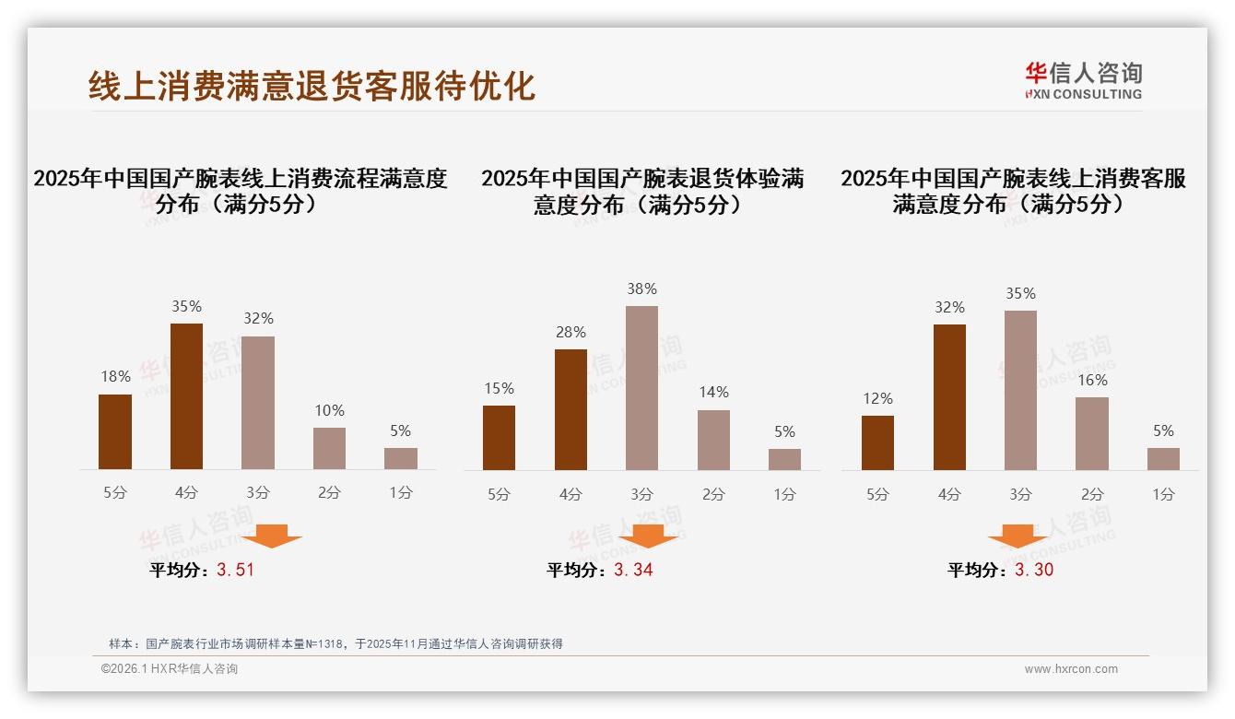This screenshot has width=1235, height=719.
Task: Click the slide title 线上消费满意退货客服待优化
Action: click(x=312, y=86)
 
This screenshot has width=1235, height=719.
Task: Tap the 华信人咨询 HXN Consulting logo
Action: click(x=1083, y=81)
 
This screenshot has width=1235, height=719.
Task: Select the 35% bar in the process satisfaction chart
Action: click(x=186, y=396)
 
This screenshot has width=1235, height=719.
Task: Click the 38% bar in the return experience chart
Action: click(x=641, y=388)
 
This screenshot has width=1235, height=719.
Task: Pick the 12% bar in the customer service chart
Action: click(x=877, y=442)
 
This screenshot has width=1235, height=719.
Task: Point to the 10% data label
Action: click(x=329, y=410)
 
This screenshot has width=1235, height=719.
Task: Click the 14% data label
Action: click(x=713, y=393)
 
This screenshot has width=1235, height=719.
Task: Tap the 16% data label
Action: click(x=1092, y=380)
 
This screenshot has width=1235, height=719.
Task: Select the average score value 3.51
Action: click(x=235, y=570)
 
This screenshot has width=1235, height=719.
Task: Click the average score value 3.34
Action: click(x=633, y=570)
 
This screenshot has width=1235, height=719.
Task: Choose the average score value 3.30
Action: click(x=1034, y=570)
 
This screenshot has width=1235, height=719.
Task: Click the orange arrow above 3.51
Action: click(x=269, y=536)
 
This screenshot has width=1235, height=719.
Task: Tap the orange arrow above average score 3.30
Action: click(x=1017, y=536)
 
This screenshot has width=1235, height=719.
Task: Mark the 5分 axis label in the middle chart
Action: click(x=499, y=494)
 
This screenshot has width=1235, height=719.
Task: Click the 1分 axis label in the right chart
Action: click(x=1163, y=494)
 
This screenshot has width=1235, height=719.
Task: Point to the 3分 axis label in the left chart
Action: click(x=258, y=493)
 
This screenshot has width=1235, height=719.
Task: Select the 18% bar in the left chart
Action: click(x=115, y=432)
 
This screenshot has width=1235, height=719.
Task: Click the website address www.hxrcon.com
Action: click(x=1071, y=669)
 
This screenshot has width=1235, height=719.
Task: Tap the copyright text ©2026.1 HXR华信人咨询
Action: click(x=170, y=669)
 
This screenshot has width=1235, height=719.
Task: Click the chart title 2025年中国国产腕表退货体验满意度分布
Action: click(x=641, y=191)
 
